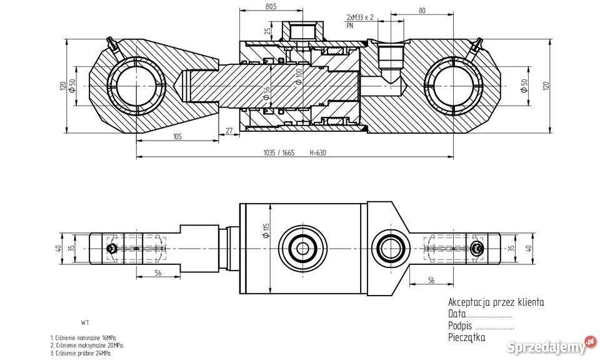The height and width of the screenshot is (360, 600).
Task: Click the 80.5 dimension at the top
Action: click(x=253, y=7)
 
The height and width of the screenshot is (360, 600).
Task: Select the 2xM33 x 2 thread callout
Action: click(x=360, y=17)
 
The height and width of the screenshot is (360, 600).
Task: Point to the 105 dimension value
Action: click(x=177, y=137)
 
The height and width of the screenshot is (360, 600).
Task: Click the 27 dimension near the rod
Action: click(x=228, y=131)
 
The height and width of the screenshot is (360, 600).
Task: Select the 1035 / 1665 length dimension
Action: click(x=278, y=152)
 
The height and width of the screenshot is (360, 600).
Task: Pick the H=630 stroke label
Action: click(x=317, y=152)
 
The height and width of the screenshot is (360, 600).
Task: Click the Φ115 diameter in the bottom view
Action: click(x=265, y=231)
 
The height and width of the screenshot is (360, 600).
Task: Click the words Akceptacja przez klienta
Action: click(x=496, y=302)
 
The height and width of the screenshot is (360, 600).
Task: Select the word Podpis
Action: click(x=459, y=326)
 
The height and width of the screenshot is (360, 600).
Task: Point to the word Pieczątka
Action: click(x=466, y=338)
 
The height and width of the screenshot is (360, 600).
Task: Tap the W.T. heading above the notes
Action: click(x=86, y=322)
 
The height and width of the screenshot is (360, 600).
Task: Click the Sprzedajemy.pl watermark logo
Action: click(x=551, y=345)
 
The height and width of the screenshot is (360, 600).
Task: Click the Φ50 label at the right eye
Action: click(x=524, y=86)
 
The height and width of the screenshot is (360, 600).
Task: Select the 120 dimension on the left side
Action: click(x=62, y=86)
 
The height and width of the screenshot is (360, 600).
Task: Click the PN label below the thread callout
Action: click(x=349, y=26)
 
